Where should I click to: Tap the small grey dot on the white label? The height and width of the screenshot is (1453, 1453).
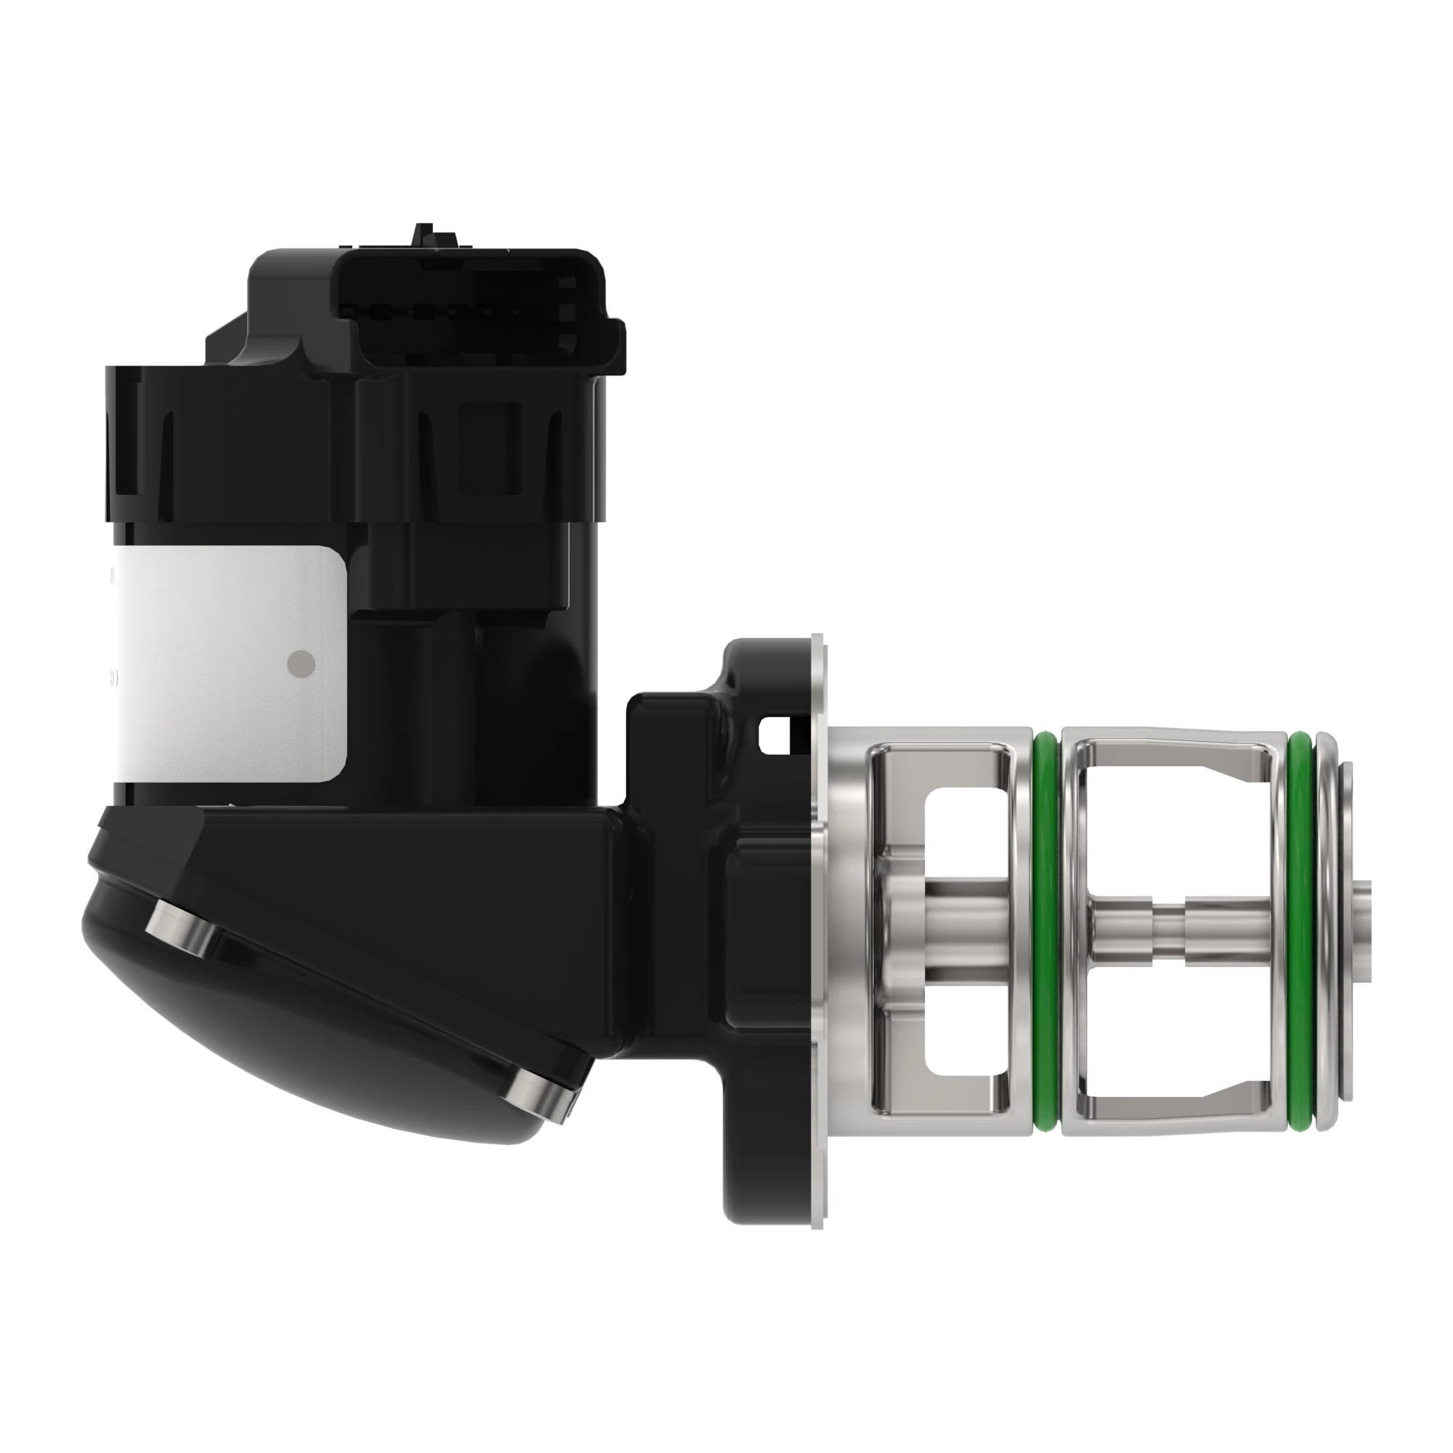301,662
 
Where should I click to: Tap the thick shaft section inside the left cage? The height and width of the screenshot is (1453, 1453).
963,930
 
